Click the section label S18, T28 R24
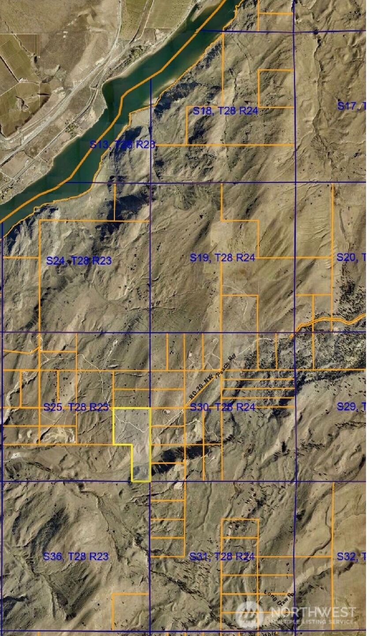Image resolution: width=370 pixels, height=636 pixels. click(225, 111)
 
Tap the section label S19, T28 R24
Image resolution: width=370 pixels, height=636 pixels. click(222, 257)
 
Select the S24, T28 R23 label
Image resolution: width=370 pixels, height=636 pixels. click(79, 261)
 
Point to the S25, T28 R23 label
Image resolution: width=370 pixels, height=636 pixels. click(76, 407)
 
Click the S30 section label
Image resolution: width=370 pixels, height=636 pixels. click(222, 407)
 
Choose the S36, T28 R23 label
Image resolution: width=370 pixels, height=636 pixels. click(75, 556)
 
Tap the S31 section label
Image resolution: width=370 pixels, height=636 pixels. click(222, 556)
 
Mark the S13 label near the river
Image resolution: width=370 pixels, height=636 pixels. click(122, 144)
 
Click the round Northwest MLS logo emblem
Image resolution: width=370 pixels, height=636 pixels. click(250, 615)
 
